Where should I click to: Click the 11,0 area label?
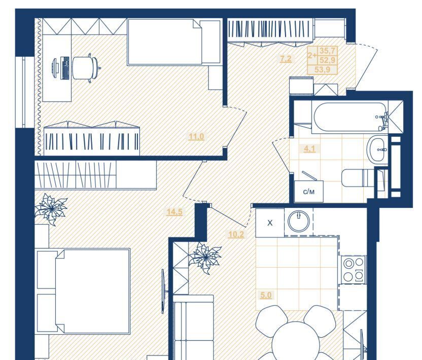(x=196, y=137)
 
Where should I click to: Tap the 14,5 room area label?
(x=174, y=212)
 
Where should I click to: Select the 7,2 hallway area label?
(x=286, y=59)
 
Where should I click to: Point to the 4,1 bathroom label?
(x=309, y=149)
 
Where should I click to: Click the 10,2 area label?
(x=236, y=235)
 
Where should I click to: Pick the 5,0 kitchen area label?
(x=266, y=296)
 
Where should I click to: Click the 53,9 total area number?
(x=322, y=69)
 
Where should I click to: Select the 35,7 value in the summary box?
(x=327, y=51)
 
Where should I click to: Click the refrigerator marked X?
(x=270, y=223)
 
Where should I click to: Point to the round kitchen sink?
(x=299, y=222)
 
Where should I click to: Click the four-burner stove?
(x=354, y=270)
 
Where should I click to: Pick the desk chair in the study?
(x=86, y=68)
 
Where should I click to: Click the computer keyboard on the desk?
(x=65, y=68)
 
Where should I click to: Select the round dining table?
(x=296, y=341)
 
